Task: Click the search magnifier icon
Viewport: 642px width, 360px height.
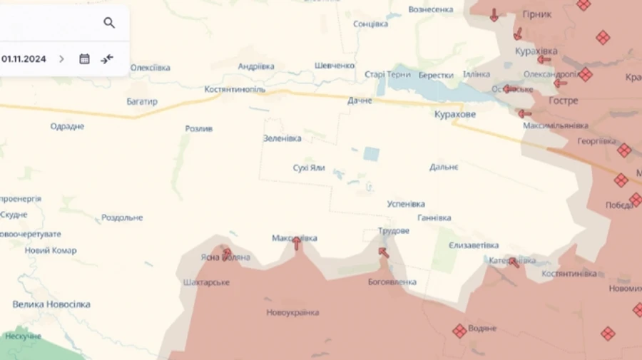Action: (x=109, y=23)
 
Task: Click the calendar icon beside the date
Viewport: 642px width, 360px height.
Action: (x=84, y=59)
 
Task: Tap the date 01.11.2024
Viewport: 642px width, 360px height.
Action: (x=24, y=59)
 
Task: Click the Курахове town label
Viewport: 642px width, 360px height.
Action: (x=455, y=114)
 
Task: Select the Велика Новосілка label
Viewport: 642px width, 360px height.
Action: (x=51, y=304)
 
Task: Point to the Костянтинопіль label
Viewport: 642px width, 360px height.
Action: (x=235, y=90)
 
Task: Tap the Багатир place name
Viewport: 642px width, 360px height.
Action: (x=142, y=102)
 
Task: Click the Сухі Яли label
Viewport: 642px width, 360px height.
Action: (x=309, y=168)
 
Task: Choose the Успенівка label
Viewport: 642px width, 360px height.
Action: (x=406, y=204)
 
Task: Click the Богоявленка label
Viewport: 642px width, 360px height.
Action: (x=392, y=282)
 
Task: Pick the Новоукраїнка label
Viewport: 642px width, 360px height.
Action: (x=292, y=313)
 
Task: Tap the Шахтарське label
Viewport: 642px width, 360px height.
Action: (x=206, y=282)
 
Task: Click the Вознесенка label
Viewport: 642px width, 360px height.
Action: (x=431, y=9)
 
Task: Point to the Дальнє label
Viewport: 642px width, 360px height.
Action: (x=444, y=167)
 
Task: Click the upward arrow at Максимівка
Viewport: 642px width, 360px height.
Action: (x=297, y=244)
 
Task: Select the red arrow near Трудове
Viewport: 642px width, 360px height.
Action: (x=384, y=252)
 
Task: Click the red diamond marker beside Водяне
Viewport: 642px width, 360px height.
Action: (x=459, y=331)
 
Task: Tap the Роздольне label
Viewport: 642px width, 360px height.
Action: (x=122, y=217)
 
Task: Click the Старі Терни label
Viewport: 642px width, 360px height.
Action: (x=387, y=74)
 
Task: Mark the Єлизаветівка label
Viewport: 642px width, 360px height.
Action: (x=474, y=245)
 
